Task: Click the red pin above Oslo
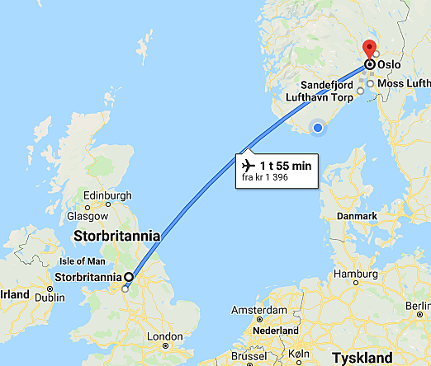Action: point(370,49)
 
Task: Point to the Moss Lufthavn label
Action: point(404,83)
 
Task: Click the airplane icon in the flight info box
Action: point(248,165)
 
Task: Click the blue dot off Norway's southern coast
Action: point(318,126)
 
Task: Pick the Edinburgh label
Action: point(107,195)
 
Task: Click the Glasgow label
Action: point(88,215)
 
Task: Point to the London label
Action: point(164,336)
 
